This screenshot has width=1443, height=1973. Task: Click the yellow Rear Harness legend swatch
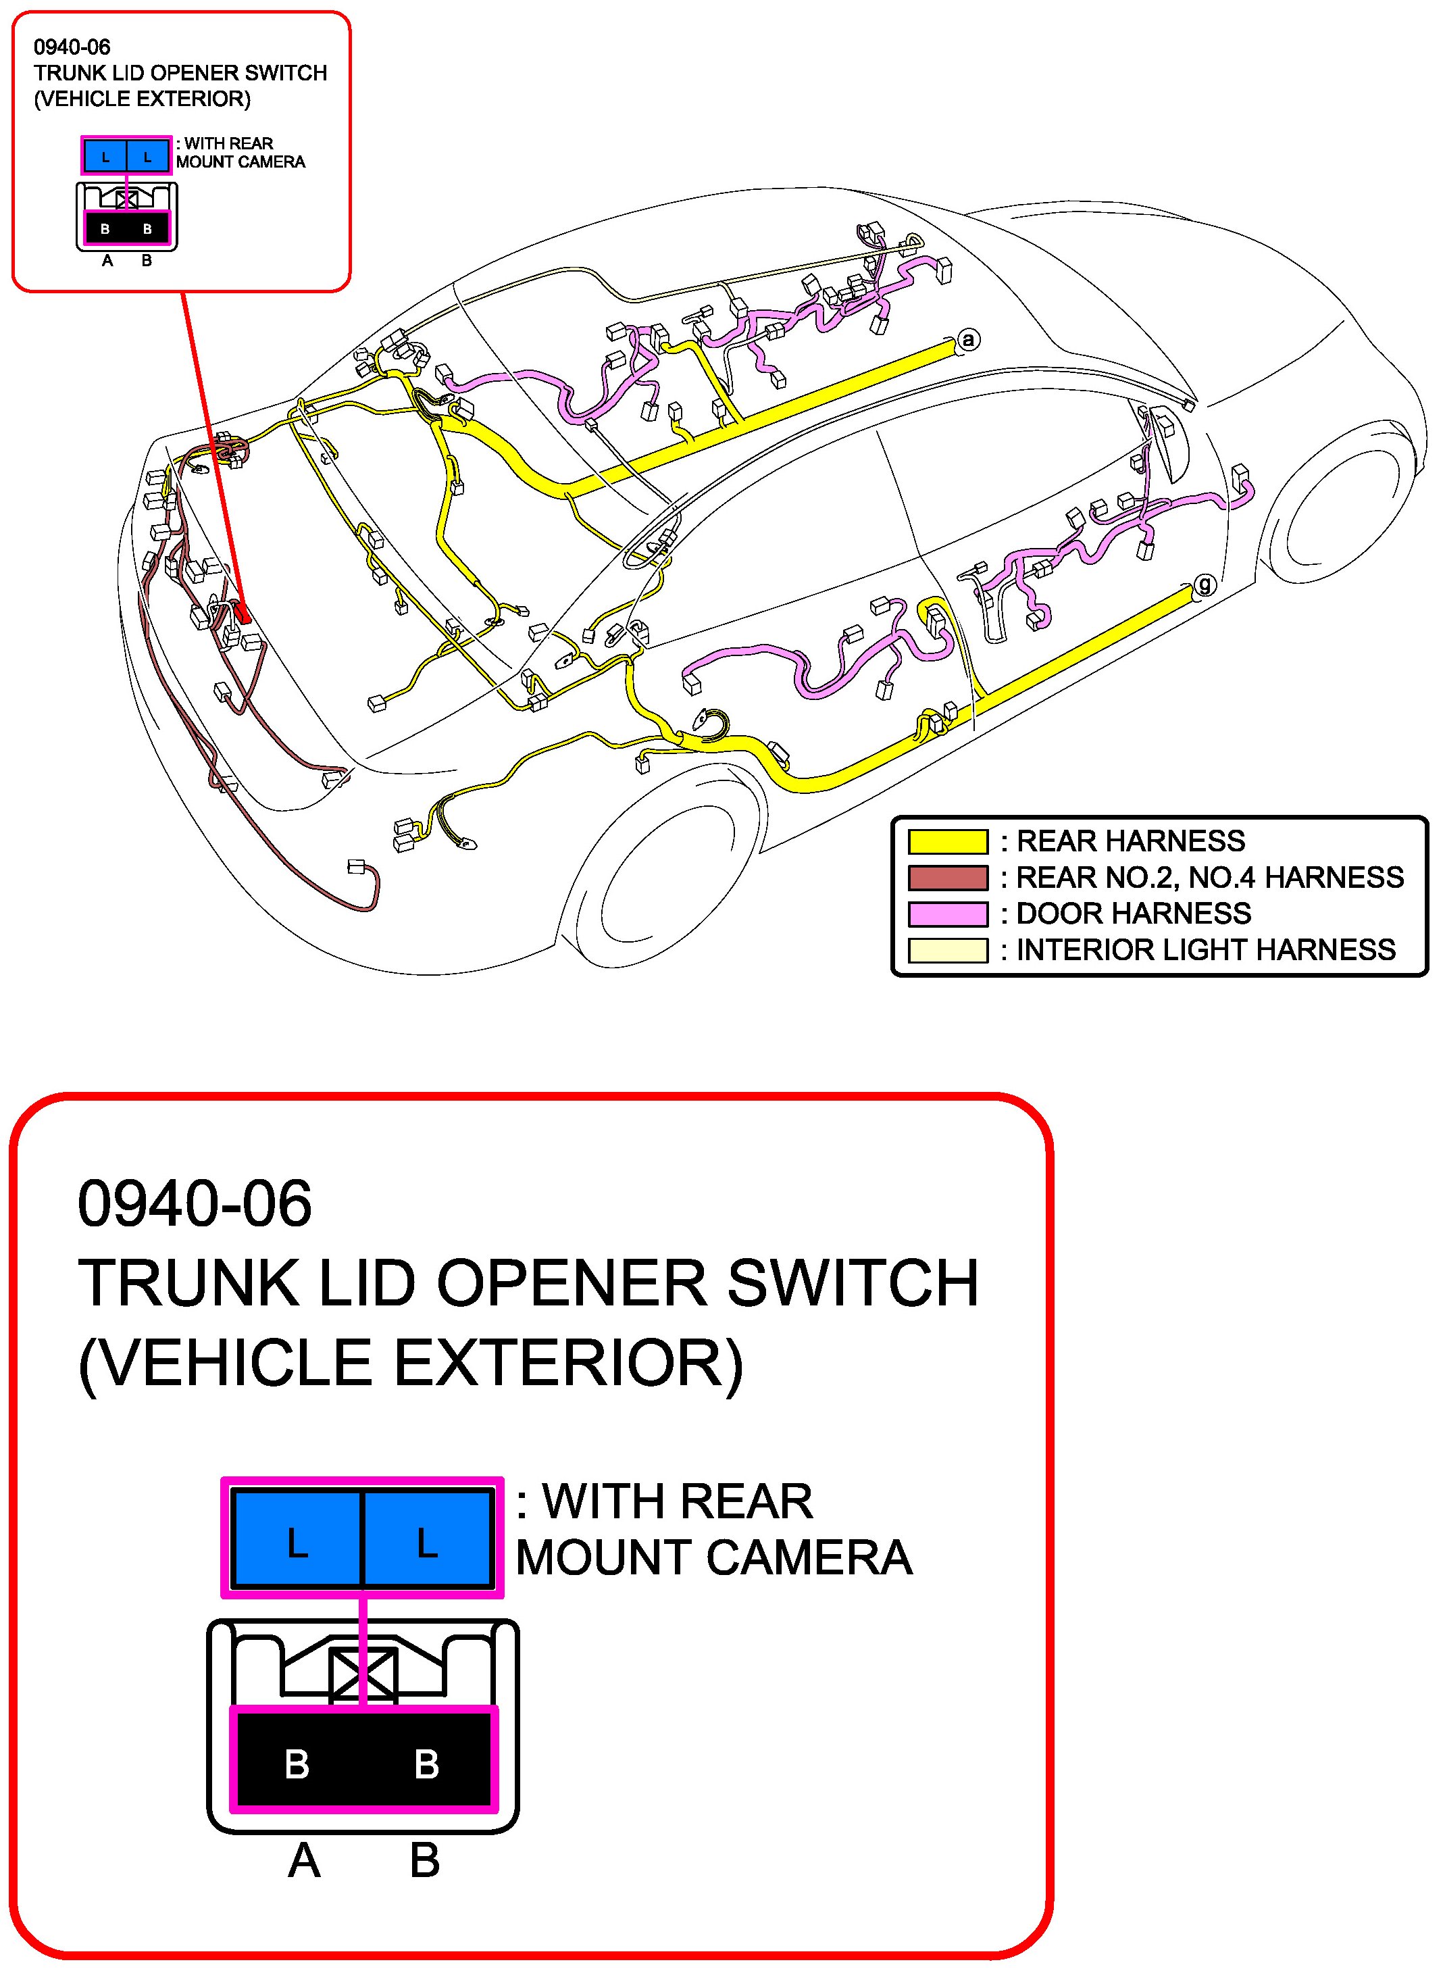click(x=948, y=841)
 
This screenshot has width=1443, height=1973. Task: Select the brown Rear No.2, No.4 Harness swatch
click(x=948, y=877)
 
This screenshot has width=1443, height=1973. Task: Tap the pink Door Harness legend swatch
click(x=948, y=914)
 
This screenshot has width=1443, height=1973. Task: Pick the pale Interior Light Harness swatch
click(x=948, y=950)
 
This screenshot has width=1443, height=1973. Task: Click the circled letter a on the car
click(x=968, y=340)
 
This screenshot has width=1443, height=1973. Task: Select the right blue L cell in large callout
click(x=427, y=1543)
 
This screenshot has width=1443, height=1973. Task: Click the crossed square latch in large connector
click(x=363, y=1675)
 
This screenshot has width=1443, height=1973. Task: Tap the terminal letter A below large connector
click(x=304, y=1862)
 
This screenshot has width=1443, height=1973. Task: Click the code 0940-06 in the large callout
click(x=194, y=1203)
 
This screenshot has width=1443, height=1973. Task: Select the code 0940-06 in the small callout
click(x=72, y=47)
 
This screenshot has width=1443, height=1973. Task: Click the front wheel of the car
click(x=1336, y=511)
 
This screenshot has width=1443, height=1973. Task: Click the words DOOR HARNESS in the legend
click(x=1133, y=914)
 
